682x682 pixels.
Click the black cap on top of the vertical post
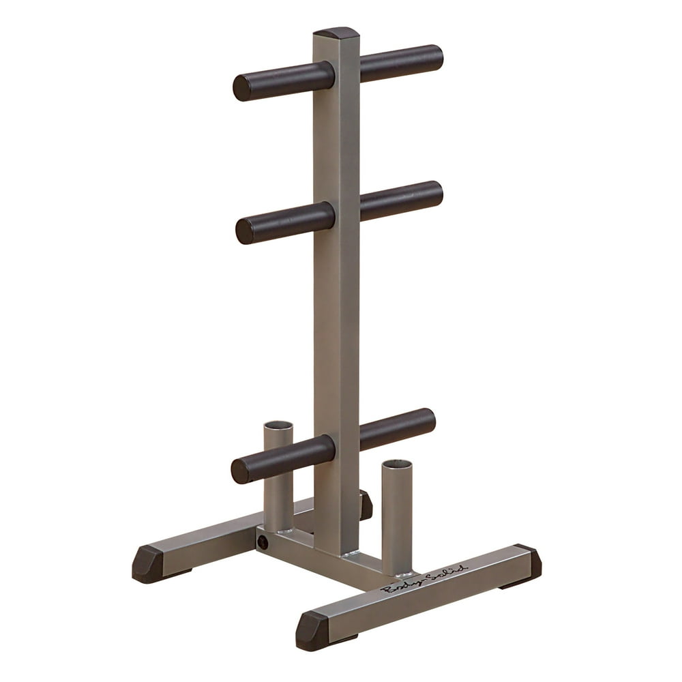click(336, 33)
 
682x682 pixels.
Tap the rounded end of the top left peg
click(241, 87)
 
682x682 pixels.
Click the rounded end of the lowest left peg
click(240, 471)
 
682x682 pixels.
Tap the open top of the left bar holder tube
click(278, 426)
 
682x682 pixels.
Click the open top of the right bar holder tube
click(397, 464)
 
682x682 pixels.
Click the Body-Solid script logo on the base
click(424, 579)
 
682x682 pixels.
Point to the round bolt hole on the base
click(262, 542)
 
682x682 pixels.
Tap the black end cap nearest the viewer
click(312, 630)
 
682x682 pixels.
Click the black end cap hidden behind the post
click(366, 505)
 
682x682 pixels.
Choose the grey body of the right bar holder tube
click(397, 518)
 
